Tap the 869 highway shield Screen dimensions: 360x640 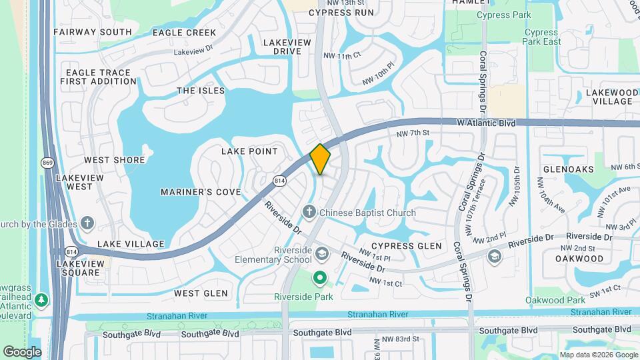click(47, 162)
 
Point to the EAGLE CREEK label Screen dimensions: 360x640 click(184, 33)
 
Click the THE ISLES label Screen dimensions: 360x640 click(201, 91)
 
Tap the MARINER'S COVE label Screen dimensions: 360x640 click(201, 192)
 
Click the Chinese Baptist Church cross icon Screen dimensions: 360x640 click(309, 212)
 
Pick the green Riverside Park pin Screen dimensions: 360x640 click(320, 277)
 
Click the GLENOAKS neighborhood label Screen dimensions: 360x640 click(568, 169)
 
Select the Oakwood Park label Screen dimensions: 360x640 click(555, 301)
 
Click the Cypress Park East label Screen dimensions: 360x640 click(542, 37)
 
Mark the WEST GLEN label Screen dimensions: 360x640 click(201, 293)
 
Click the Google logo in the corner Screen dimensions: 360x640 click(22, 351)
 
